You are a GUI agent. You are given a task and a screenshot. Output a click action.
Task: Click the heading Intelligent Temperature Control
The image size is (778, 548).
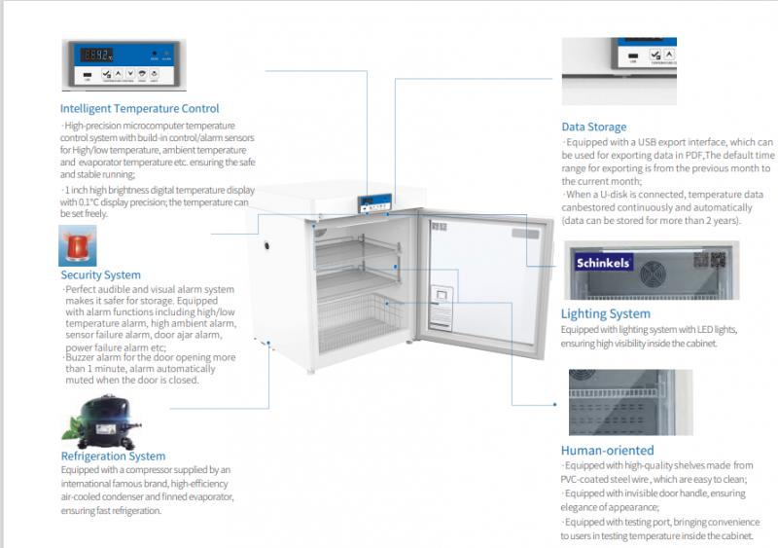click(x=139, y=109)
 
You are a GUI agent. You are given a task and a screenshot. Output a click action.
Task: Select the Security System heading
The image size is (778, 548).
click(x=100, y=275)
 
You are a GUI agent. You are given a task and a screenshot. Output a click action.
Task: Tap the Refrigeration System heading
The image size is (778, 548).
click(x=113, y=457)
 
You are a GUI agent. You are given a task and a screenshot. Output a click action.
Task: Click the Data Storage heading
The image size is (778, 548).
click(x=593, y=127)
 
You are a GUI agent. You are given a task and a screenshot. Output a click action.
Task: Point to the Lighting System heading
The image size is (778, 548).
click(x=605, y=314)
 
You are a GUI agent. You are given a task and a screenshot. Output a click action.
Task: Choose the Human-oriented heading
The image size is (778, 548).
click(x=607, y=451)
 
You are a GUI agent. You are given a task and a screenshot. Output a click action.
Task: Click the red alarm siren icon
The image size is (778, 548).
click(x=79, y=245)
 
